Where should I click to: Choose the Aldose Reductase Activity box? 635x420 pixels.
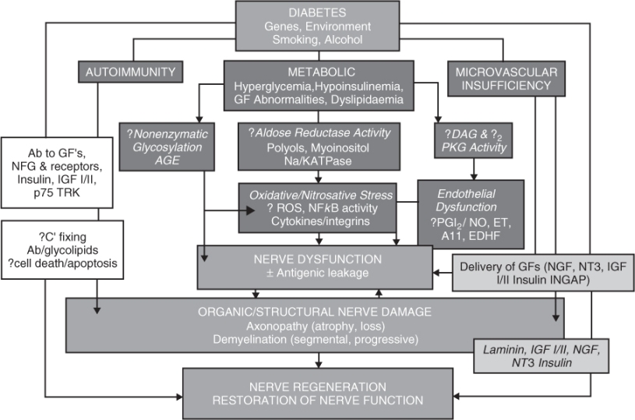pos(318,146)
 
